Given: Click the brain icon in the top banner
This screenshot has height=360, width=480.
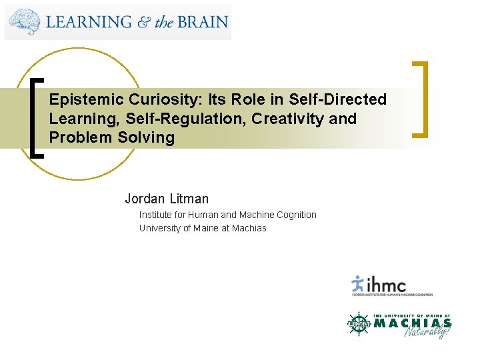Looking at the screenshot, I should tap(25, 22).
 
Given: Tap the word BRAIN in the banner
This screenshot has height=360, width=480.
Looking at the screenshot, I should tap(202, 22).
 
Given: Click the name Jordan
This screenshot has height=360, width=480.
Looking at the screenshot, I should tap(145, 199).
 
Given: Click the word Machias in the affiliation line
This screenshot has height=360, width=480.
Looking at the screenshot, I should tap(249, 228).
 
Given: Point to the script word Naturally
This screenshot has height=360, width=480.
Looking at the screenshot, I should tap(427, 329).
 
